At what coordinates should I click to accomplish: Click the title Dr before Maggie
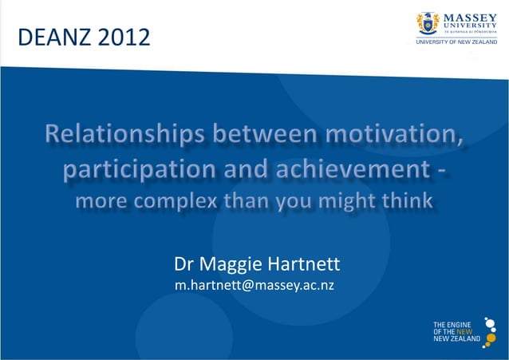click(186, 263)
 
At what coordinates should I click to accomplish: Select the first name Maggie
click(235, 263)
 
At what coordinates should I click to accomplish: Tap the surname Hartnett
click(306, 263)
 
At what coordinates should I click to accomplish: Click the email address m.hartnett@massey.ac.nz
click(254, 286)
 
